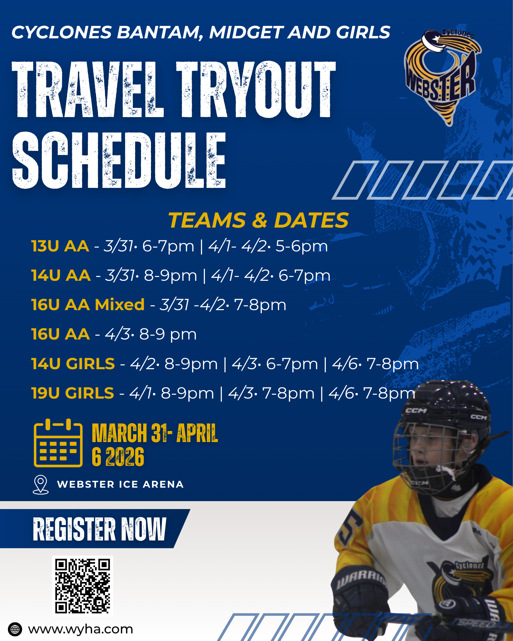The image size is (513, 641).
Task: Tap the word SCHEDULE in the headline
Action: coord(119,160)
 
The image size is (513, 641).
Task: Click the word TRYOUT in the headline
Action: coord(256,90)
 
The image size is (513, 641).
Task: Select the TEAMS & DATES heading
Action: coord(258,220)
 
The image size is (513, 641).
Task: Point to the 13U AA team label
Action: coord(60,246)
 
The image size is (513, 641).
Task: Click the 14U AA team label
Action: coord(61,276)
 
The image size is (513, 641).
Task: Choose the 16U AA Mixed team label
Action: coord(88,305)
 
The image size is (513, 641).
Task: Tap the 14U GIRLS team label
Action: coord(73,364)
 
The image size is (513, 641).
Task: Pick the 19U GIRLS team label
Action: coord(73,393)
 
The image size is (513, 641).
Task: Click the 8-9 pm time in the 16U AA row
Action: coord(168,334)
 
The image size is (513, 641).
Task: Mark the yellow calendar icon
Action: coord(58,443)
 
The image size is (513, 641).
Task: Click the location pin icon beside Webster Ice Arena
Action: coord(40,485)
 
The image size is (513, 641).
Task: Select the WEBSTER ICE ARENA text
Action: coord(120,485)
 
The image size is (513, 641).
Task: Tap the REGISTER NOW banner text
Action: coord(99,529)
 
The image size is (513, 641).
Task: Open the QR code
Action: coord(83,586)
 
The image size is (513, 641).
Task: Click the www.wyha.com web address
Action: coord(80,629)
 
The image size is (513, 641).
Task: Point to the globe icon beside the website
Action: coord(15,629)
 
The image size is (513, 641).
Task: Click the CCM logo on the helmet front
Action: coord(416,411)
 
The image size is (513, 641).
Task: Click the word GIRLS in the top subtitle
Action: coord(363,32)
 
